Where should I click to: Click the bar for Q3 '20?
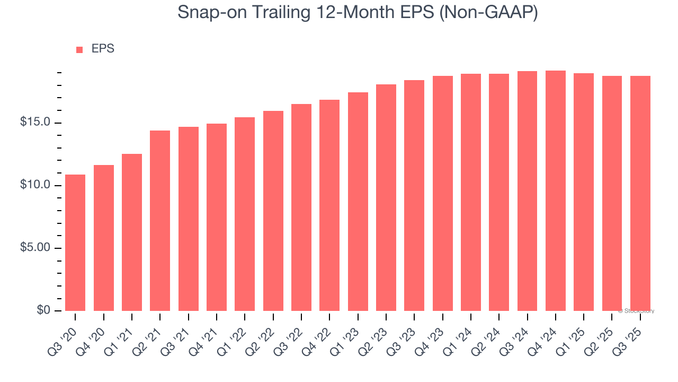click(x=75, y=242)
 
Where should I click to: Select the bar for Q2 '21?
click(x=160, y=221)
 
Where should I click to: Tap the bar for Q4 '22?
click(x=329, y=205)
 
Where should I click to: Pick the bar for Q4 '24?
click(x=556, y=190)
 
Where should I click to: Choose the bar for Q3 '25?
click(x=640, y=193)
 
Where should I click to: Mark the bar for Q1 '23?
click(x=358, y=202)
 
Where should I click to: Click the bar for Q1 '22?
click(x=245, y=214)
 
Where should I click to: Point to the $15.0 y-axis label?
click(x=35, y=123)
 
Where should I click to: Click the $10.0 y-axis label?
click(x=35, y=185)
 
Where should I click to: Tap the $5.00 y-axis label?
click(x=35, y=248)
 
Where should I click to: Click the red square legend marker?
click(x=79, y=50)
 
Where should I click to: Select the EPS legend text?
click(x=103, y=49)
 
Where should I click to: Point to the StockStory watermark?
click(x=636, y=311)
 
